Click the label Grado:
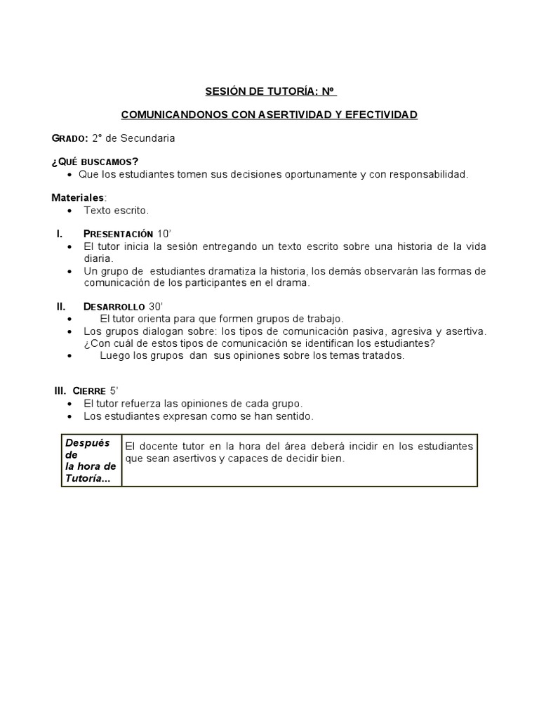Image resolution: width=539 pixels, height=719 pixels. (69, 138)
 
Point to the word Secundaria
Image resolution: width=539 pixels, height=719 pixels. (149, 138)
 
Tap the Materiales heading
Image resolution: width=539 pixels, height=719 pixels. (77, 197)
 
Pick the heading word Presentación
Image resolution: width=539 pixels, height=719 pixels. (118, 233)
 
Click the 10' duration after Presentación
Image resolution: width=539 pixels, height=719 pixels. (164, 233)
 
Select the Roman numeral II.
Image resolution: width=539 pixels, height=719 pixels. (61, 306)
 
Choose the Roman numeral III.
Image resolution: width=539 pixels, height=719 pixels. (60, 390)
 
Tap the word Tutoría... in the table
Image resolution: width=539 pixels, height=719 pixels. (87, 478)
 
